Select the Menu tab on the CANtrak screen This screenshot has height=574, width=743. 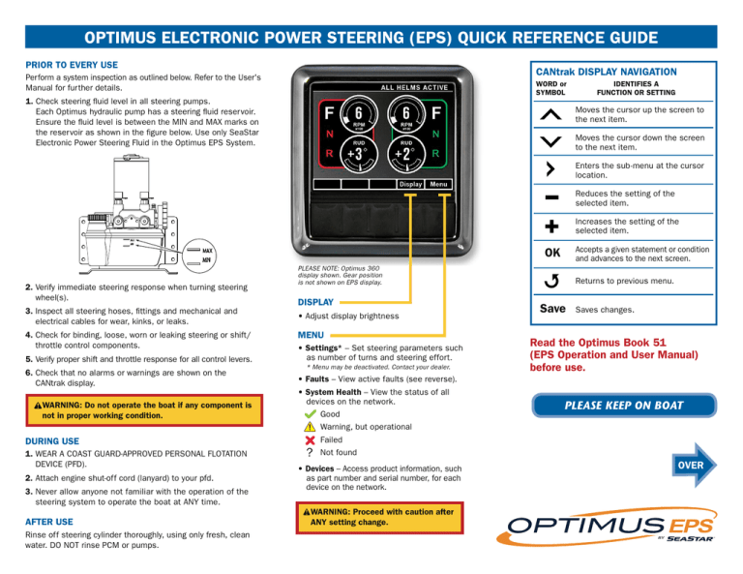pyautogui.click(x=438, y=184)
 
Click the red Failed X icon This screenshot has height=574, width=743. pyautogui.click(x=308, y=439)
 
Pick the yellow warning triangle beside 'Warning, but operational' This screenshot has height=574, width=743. pyautogui.click(x=308, y=427)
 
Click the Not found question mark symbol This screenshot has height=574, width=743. pyautogui.click(x=308, y=452)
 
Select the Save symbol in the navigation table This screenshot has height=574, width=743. pyautogui.click(x=551, y=310)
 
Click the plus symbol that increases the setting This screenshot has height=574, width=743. pyautogui.click(x=550, y=227)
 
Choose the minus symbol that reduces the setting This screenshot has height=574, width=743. pyautogui.click(x=550, y=197)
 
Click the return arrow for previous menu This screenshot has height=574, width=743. pyautogui.click(x=550, y=283)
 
